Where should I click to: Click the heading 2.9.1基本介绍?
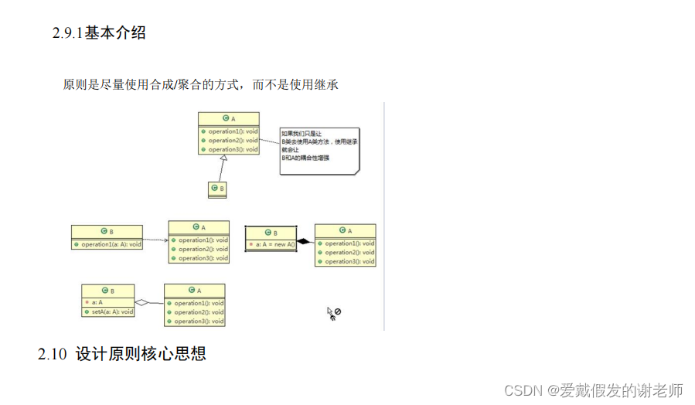[x=99, y=33]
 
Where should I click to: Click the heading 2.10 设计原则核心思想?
[x=122, y=355]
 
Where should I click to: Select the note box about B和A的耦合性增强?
[x=319, y=150]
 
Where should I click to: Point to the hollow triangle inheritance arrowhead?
[x=223, y=158]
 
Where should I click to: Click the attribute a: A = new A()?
[x=271, y=244]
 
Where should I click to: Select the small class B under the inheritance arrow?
[x=217, y=189]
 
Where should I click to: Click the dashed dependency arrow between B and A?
[x=155, y=240]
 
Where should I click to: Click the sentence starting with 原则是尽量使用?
[x=201, y=84]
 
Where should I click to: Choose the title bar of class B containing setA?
[x=108, y=291]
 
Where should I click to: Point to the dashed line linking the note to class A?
[x=269, y=142]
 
